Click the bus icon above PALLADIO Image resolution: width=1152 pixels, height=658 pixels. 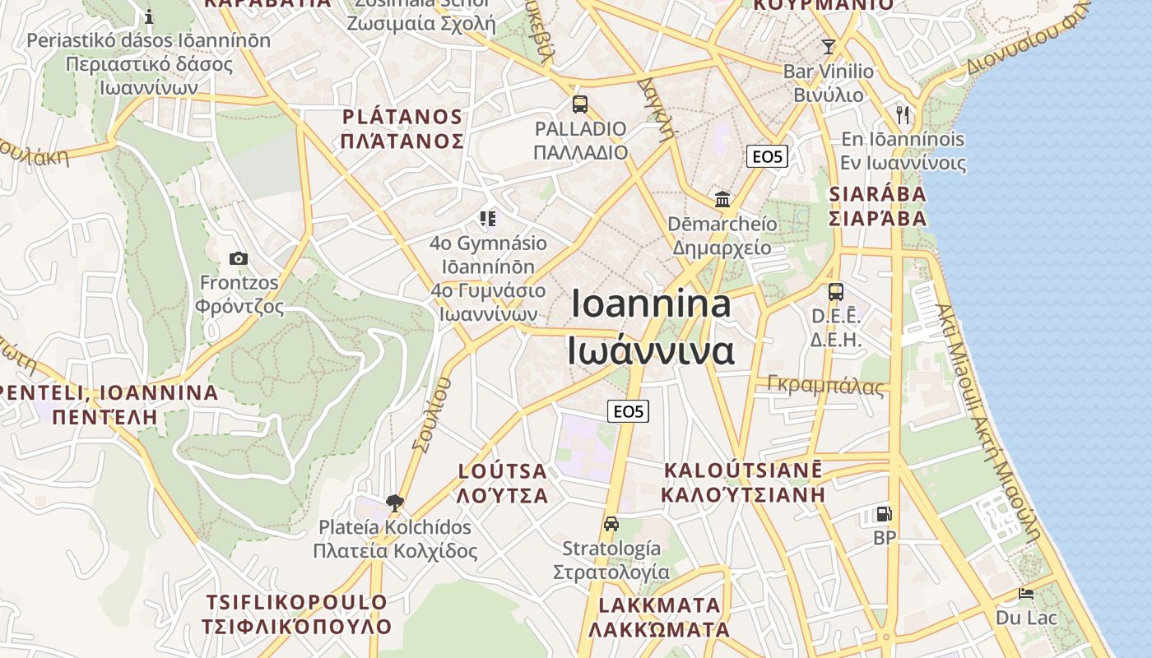(x=580, y=104)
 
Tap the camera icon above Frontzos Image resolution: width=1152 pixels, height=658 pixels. (x=239, y=258)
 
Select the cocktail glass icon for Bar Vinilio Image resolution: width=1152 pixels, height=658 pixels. (x=828, y=46)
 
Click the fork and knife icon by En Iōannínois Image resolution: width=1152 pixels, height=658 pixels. (x=903, y=114)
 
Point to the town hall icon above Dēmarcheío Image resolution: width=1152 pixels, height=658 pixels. (x=722, y=199)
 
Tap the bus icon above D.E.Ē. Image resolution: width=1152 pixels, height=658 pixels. (x=835, y=291)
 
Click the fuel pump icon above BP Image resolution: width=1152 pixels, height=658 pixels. (x=884, y=514)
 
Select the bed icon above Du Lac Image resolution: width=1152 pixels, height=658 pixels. (x=1025, y=593)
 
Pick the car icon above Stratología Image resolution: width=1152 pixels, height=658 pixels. (x=611, y=524)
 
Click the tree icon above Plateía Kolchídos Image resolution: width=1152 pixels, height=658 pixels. (x=395, y=503)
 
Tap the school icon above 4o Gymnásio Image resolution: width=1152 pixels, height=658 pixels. (x=489, y=219)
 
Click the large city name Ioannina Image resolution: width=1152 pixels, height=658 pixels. (x=651, y=304)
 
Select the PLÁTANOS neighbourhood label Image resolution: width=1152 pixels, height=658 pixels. (x=402, y=117)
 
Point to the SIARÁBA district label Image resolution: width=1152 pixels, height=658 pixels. (x=877, y=195)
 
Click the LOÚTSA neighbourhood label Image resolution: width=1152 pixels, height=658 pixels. (x=502, y=471)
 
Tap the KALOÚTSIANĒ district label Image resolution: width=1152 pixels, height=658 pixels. (x=743, y=470)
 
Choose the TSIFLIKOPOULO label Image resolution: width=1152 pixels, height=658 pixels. (x=296, y=602)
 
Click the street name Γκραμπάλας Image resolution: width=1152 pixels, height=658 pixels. (x=825, y=385)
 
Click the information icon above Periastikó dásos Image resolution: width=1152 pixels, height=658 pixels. (x=149, y=16)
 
